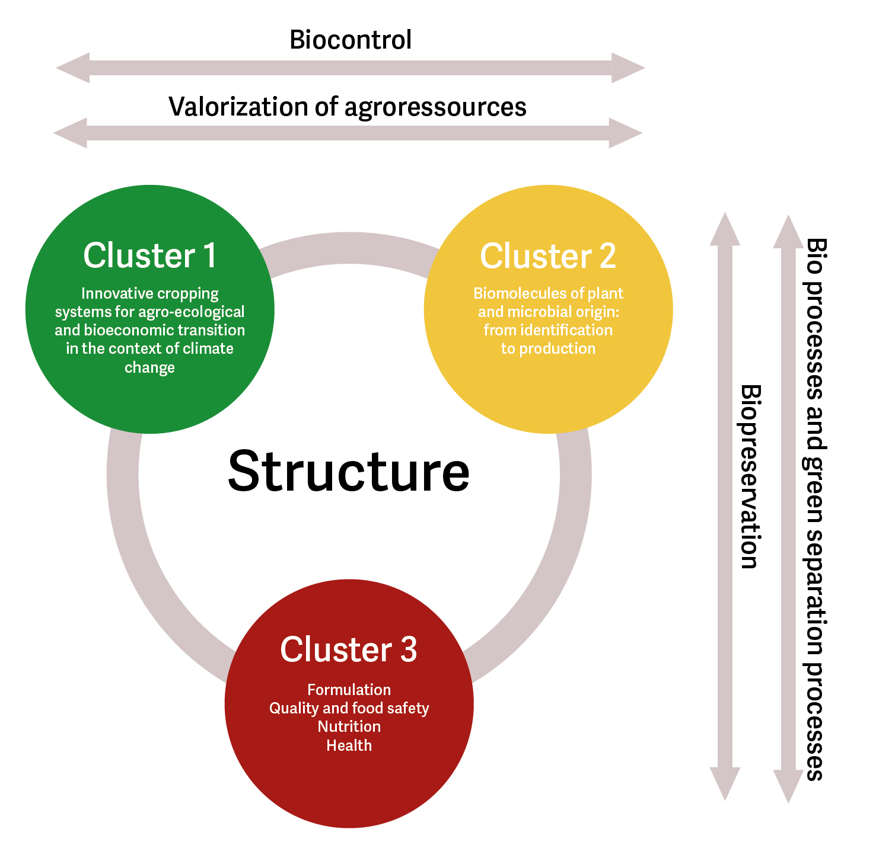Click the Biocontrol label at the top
[x=350, y=40]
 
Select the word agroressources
[x=435, y=107]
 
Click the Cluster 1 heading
[x=149, y=255]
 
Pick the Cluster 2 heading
[x=547, y=256]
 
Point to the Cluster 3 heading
[x=349, y=649]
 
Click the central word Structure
[x=349, y=472]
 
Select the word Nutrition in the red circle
[x=349, y=726]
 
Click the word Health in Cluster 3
[x=349, y=745]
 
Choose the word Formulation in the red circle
[x=349, y=690]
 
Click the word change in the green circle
[x=149, y=367]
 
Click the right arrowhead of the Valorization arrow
[x=625, y=133]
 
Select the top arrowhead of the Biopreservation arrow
[x=725, y=230]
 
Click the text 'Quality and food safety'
[x=349, y=708]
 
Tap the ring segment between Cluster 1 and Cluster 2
[x=349, y=248]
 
